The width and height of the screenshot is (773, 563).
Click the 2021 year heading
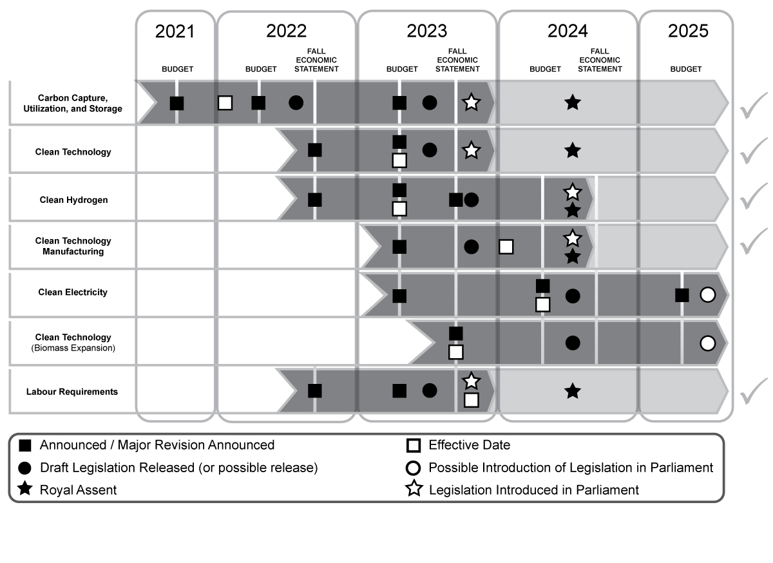[x=175, y=32]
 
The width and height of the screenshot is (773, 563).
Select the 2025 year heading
[x=687, y=32]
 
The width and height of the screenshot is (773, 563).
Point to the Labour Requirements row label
[x=72, y=392]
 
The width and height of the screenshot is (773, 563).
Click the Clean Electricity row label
[x=73, y=292]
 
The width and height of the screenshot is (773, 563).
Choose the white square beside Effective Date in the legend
[x=414, y=445]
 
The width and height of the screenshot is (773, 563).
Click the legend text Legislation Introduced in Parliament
[x=533, y=490]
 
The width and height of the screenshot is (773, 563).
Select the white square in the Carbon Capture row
[x=225, y=102]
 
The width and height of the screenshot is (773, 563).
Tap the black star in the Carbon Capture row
[x=572, y=102]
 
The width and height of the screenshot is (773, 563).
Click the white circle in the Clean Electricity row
[x=707, y=295]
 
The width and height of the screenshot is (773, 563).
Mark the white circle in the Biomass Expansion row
[x=707, y=343]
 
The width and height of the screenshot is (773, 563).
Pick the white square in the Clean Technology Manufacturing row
[x=506, y=247]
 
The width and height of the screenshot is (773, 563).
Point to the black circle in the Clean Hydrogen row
[x=471, y=200]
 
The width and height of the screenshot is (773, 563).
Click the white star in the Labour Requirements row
[x=471, y=381]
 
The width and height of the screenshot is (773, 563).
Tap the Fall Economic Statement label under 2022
[x=320, y=60]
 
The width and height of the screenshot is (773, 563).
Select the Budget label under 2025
[x=685, y=69]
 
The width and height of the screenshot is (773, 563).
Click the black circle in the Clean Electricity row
[x=572, y=296]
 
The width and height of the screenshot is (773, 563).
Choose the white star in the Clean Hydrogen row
[x=572, y=191]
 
